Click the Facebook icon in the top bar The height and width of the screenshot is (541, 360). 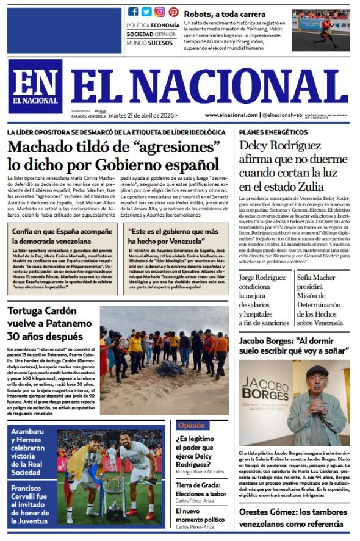[133, 12]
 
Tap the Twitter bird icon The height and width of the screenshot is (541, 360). [146, 12]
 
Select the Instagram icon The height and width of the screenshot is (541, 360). [160, 12]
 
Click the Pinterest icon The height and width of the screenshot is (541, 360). [173, 12]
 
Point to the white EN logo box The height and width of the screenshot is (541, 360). [35, 86]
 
